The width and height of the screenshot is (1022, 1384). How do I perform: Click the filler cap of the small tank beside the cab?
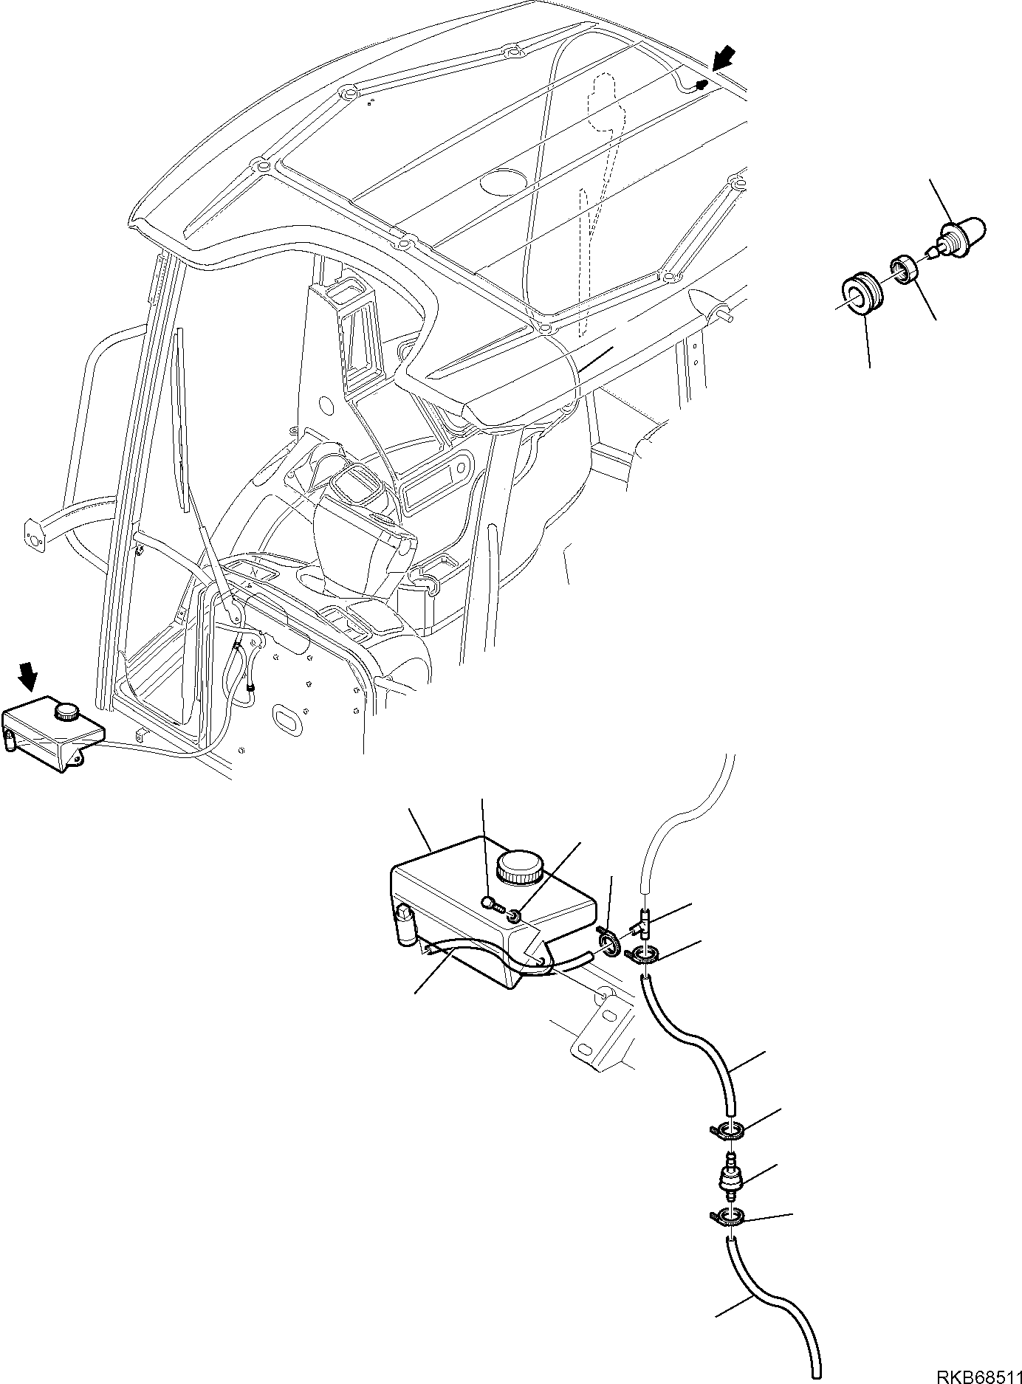(67, 712)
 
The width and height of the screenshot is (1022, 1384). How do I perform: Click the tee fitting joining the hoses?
(643, 923)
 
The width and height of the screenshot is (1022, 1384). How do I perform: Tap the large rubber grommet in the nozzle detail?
(858, 294)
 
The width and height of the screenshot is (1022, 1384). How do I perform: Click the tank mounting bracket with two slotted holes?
(603, 1027)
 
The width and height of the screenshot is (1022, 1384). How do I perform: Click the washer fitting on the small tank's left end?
(9, 739)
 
